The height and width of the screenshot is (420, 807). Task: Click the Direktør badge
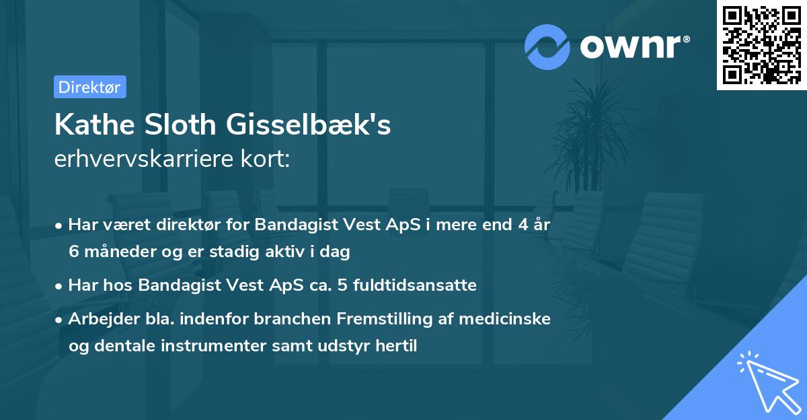click(89, 87)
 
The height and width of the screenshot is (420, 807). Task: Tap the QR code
click(761, 45)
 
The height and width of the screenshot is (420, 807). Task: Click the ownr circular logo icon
click(547, 46)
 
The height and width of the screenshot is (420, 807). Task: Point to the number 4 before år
click(518, 225)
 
